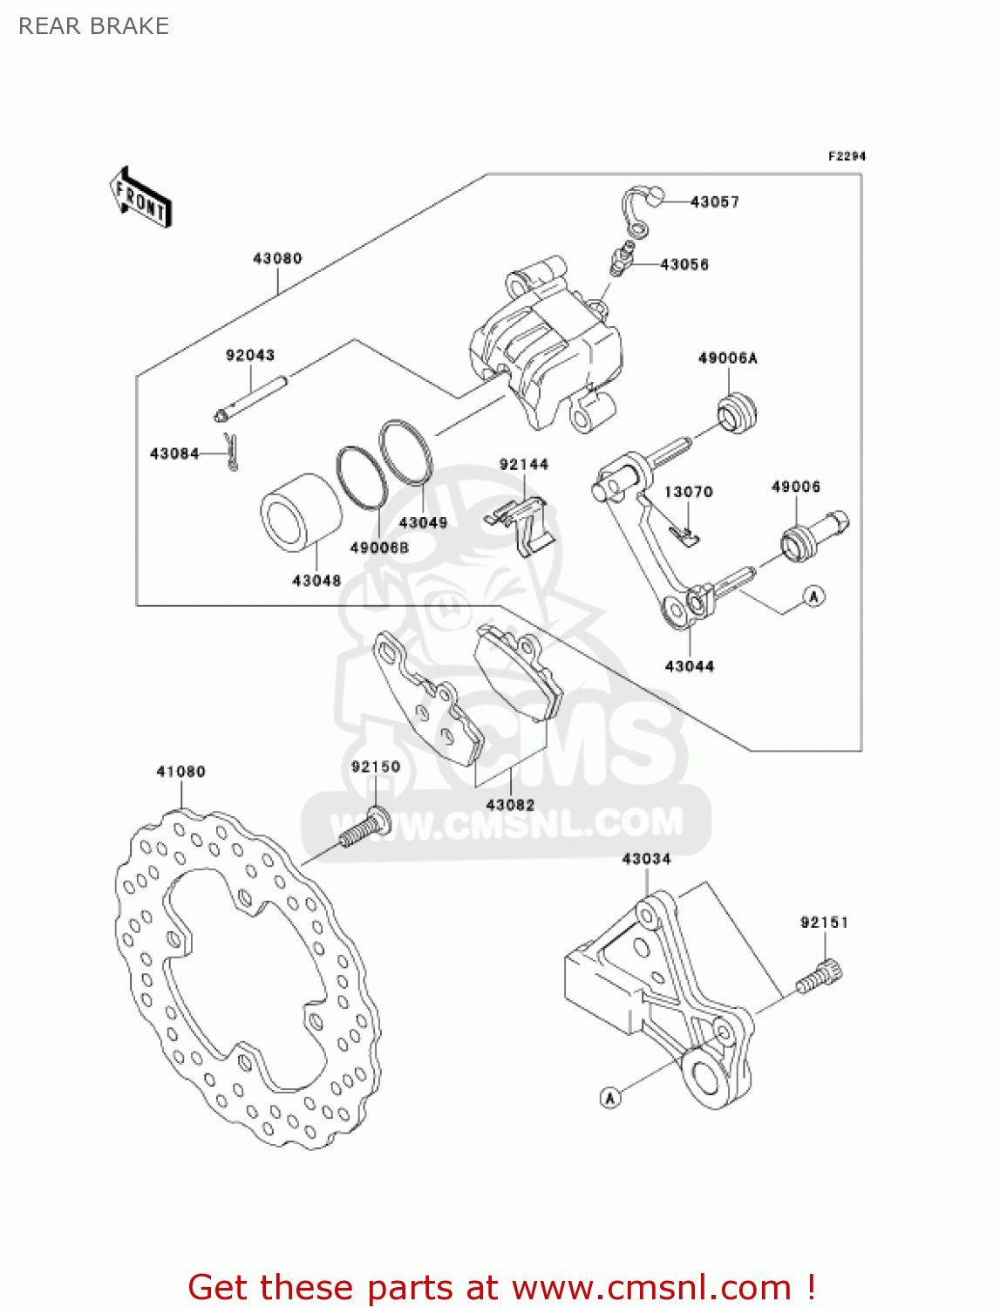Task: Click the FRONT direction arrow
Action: click(x=140, y=198)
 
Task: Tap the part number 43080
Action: click(x=277, y=258)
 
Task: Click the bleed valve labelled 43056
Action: click(x=621, y=260)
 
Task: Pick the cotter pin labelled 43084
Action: click(x=231, y=451)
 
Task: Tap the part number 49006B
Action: click(x=379, y=548)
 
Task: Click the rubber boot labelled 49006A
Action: click(x=738, y=413)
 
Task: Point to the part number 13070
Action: click(x=689, y=492)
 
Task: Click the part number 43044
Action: click(x=690, y=666)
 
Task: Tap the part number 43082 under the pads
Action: click(x=510, y=805)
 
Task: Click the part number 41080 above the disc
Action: click(x=181, y=772)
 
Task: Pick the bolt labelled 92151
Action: click(x=820, y=976)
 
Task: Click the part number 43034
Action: click(x=646, y=859)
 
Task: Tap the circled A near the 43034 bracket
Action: click(x=610, y=1098)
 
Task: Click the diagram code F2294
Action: click(x=847, y=156)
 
